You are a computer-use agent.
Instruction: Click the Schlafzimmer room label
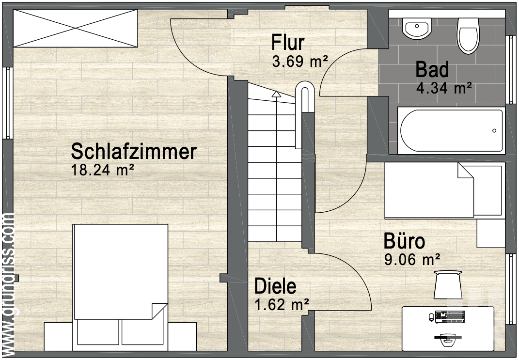[x=133, y=152]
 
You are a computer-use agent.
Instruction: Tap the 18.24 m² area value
[x=102, y=170]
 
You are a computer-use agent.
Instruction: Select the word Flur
[x=288, y=43]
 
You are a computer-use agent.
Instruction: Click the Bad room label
[x=432, y=70]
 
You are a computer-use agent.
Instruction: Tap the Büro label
[x=404, y=241]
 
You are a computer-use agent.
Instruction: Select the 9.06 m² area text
[x=412, y=260]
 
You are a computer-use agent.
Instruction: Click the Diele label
[x=275, y=286]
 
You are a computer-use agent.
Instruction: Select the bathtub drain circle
[x=494, y=131]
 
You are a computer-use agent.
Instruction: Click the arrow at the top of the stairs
[x=276, y=94]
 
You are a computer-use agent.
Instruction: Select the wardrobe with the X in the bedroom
[x=75, y=28]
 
